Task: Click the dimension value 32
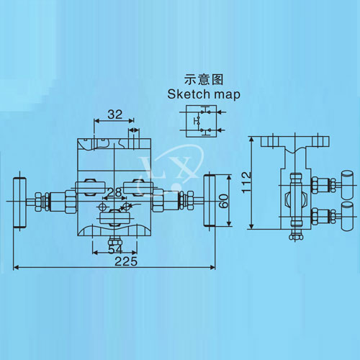coord(115,114)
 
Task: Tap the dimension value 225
coord(126,261)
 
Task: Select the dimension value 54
coord(115,249)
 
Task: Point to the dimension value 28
coord(114,192)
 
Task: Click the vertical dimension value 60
coord(223,201)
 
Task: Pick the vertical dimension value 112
coord(246,182)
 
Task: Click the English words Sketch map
coord(204,94)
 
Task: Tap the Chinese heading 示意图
coord(204,79)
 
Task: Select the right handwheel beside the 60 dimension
coord(210,201)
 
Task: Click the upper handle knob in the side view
coord(348,184)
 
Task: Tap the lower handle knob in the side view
coord(348,217)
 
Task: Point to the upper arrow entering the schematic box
coord(222,112)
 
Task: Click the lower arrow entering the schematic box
coord(221,130)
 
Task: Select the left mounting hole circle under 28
coord(103,207)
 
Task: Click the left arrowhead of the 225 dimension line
coord(16,267)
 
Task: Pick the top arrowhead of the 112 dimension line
coord(251,140)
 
